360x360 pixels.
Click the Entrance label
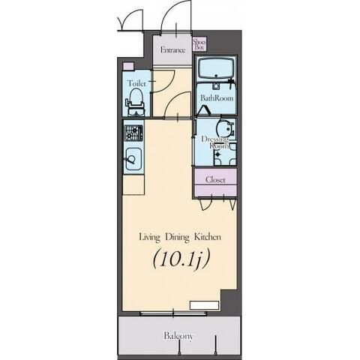(172, 50)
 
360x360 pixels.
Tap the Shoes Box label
(199, 44)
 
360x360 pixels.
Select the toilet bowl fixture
(136, 103)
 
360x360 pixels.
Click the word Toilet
(136, 83)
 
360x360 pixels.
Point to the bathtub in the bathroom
(216, 68)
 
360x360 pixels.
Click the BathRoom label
(217, 98)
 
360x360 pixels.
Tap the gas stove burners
(133, 133)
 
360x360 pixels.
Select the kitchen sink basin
(133, 158)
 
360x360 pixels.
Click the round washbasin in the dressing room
(226, 127)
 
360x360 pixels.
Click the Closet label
(215, 179)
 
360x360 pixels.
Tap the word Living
(149, 237)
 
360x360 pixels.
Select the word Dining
(177, 238)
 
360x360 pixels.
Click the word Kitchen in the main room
(208, 237)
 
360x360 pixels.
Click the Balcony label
(178, 336)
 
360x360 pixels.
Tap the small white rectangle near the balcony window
(204, 305)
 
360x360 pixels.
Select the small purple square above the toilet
(128, 66)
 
